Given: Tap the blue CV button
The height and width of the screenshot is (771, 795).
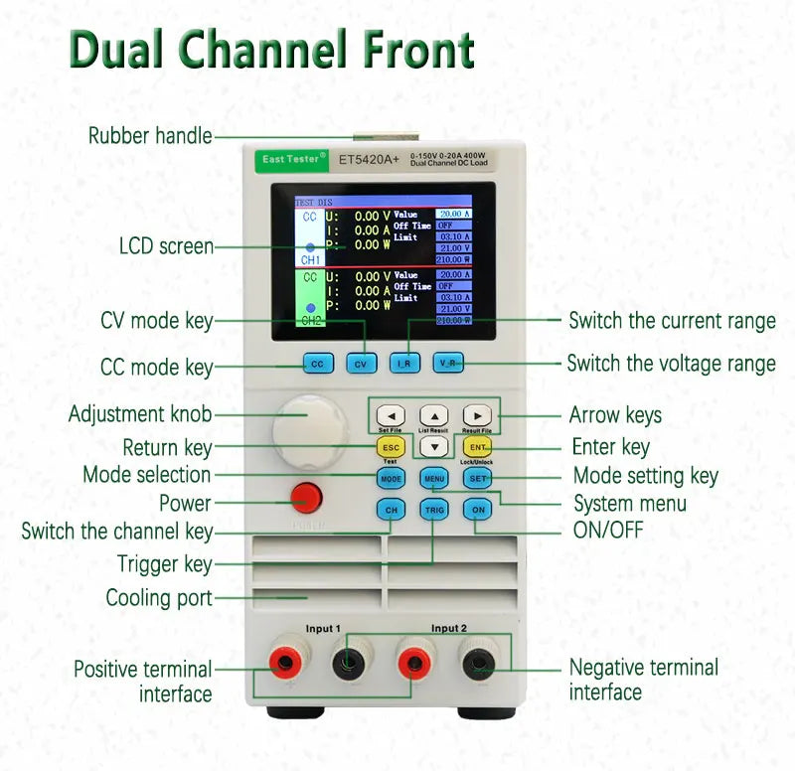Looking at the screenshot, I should point(362,364).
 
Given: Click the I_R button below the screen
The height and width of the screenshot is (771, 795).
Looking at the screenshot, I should point(405,364).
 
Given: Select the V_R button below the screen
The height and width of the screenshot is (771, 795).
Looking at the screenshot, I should point(449,364).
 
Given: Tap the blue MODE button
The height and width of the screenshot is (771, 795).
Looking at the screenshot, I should point(391,478).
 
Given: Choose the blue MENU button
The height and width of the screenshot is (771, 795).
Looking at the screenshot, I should point(434,478).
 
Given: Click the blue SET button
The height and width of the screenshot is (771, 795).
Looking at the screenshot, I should point(478,478).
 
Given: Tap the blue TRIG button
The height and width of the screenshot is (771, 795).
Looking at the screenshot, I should point(434,510).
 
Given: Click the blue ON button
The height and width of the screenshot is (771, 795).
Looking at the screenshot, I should point(478,510).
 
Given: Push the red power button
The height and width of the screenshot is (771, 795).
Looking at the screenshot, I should point(306,497).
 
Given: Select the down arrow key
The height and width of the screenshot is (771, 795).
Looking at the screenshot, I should point(434,446).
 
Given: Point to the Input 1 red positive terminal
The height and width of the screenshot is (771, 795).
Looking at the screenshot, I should point(288,659).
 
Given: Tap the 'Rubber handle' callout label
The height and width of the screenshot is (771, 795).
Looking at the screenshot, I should point(150,136).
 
